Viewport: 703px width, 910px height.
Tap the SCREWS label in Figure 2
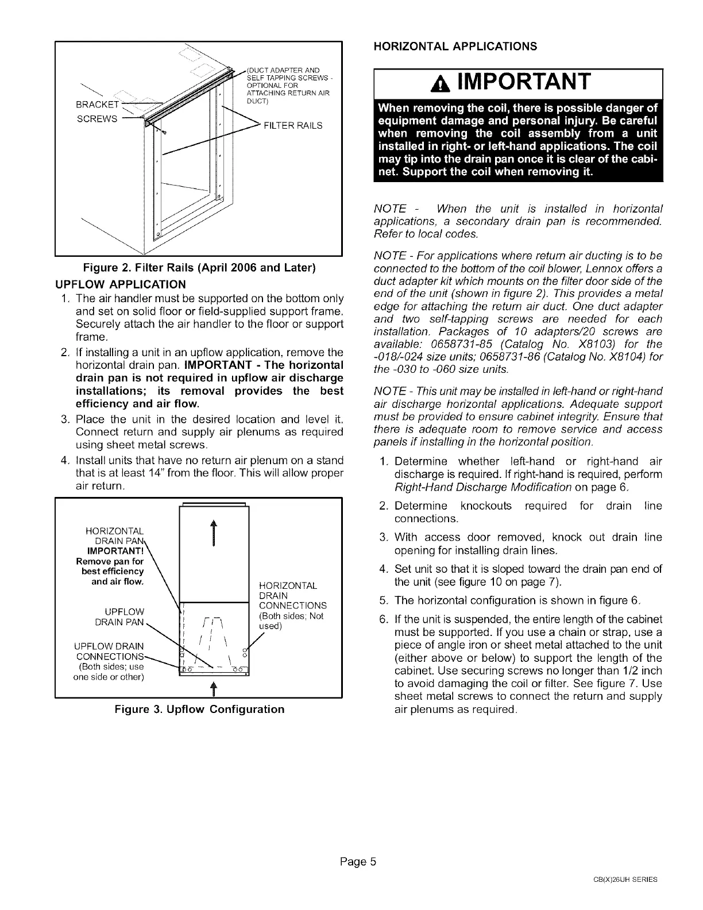[x=101, y=119]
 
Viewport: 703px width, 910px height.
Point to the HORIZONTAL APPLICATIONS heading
[x=455, y=46]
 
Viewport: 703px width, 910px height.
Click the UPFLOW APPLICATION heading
[x=120, y=284]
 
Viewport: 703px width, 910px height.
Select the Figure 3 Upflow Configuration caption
[x=199, y=709]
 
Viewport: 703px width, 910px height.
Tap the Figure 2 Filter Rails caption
[x=199, y=268]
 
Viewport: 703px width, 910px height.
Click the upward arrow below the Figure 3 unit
[x=213, y=689]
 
